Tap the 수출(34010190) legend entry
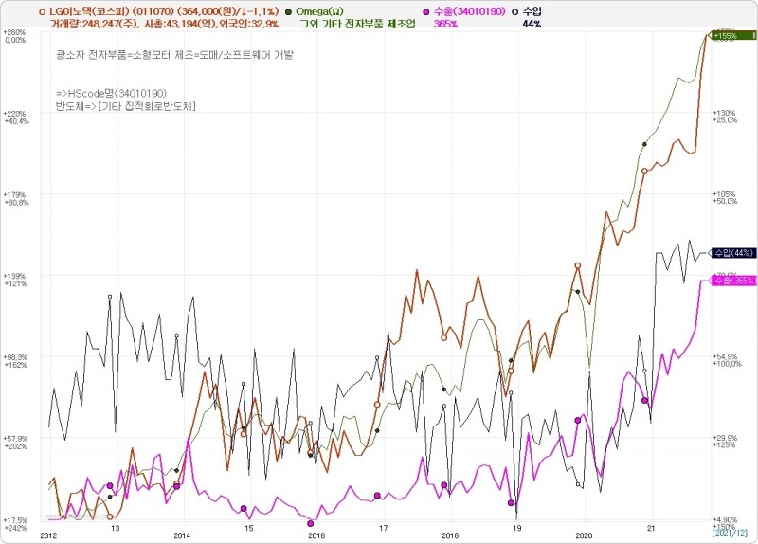463,10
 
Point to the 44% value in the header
532,23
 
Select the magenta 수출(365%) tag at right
733,281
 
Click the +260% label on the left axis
14,33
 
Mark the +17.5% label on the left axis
14,519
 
